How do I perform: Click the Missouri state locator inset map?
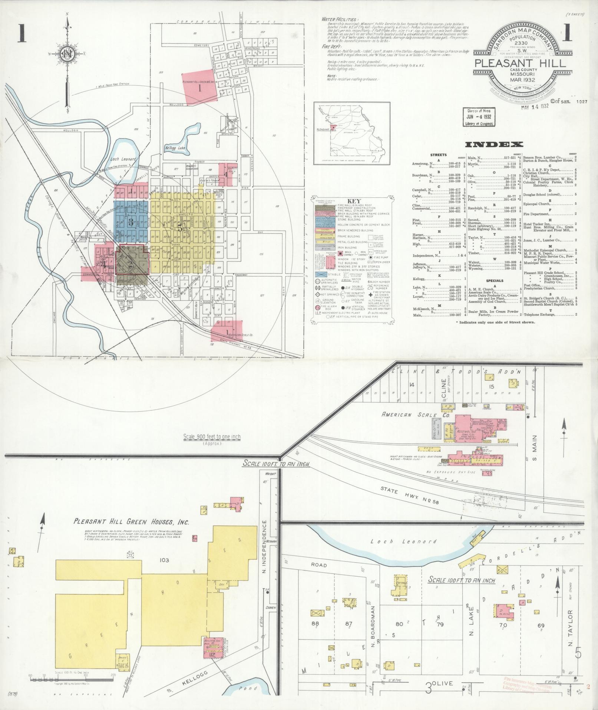tap(351, 132)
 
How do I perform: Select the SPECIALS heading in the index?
tap(495, 281)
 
